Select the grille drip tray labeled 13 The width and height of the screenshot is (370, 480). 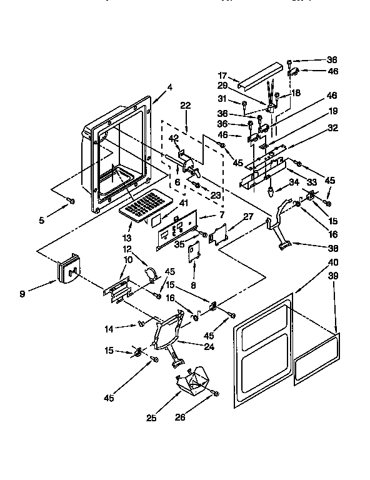pos(146,205)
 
